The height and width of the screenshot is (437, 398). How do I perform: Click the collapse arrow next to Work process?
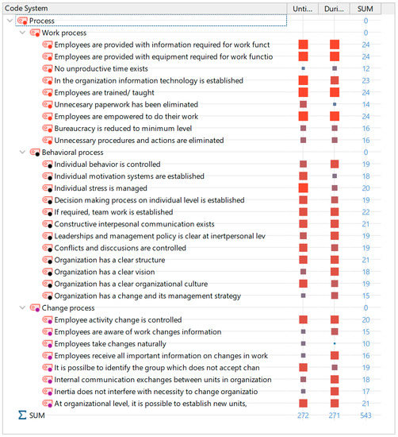point(21,33)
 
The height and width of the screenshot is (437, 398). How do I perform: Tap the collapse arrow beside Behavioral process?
point(21,152)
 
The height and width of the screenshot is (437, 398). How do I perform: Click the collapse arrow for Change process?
point(21,307)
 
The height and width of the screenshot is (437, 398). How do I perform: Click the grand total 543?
point(365,416)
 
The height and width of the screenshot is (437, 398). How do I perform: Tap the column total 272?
point(303,416)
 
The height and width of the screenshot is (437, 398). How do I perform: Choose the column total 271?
point(334,416)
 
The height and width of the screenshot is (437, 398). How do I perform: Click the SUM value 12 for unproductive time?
point(365,68)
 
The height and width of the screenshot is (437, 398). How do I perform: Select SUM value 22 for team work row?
point(365,212)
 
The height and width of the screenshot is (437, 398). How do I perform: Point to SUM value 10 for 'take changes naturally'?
point(365,343)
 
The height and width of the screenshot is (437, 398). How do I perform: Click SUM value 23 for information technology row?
point(365,80)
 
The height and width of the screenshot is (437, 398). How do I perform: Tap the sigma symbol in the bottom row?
point(21,416)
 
